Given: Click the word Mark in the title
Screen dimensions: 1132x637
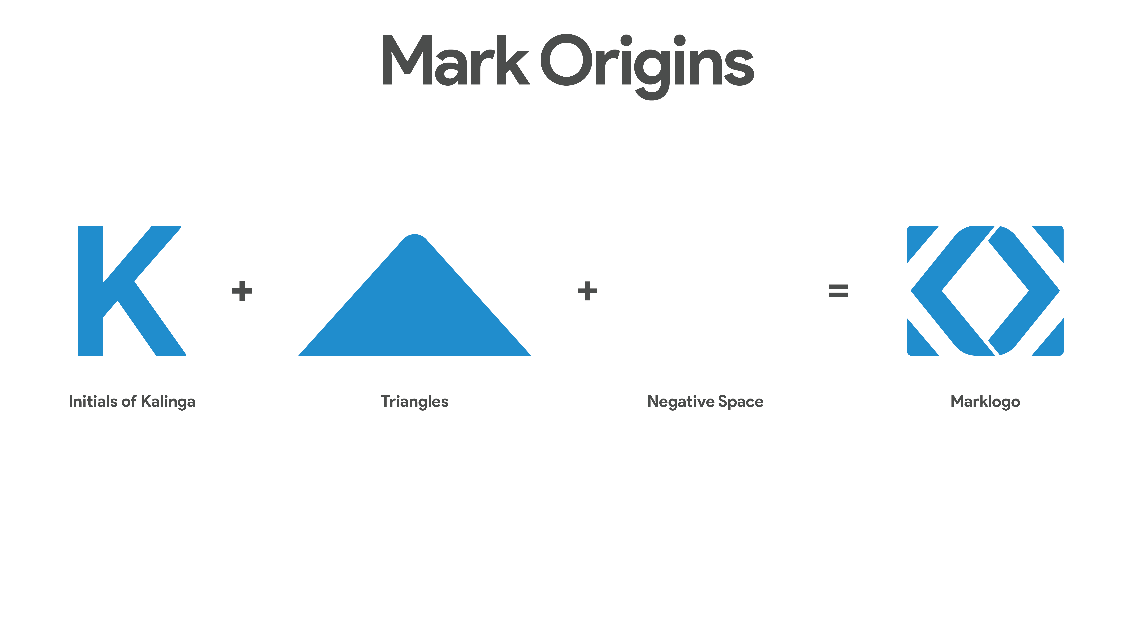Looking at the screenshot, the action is tap(456, 60).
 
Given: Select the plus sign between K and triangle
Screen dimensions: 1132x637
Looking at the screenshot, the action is tap(242, 291).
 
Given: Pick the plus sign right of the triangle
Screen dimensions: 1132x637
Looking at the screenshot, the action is tap(587, 291).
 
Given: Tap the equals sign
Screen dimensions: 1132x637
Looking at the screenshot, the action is tap(838, 291).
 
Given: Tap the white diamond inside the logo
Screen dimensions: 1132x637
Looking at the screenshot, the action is tap(985, 291).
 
